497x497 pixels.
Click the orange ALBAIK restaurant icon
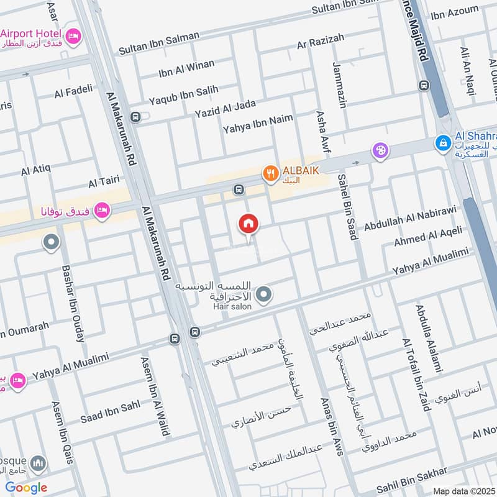pyautogui.click(x=270, y=173)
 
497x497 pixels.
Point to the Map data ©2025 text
pyautogui.click(x=463, y=491)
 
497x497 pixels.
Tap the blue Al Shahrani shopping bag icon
pyautogui.click(x=442, y=143)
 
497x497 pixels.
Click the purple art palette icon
pyautogui.click(x=380, y=150)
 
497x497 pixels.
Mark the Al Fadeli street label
pyautogui.click(x=73, y=91)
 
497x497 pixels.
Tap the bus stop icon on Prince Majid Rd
pyautogui.click(x=424, y=85)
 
